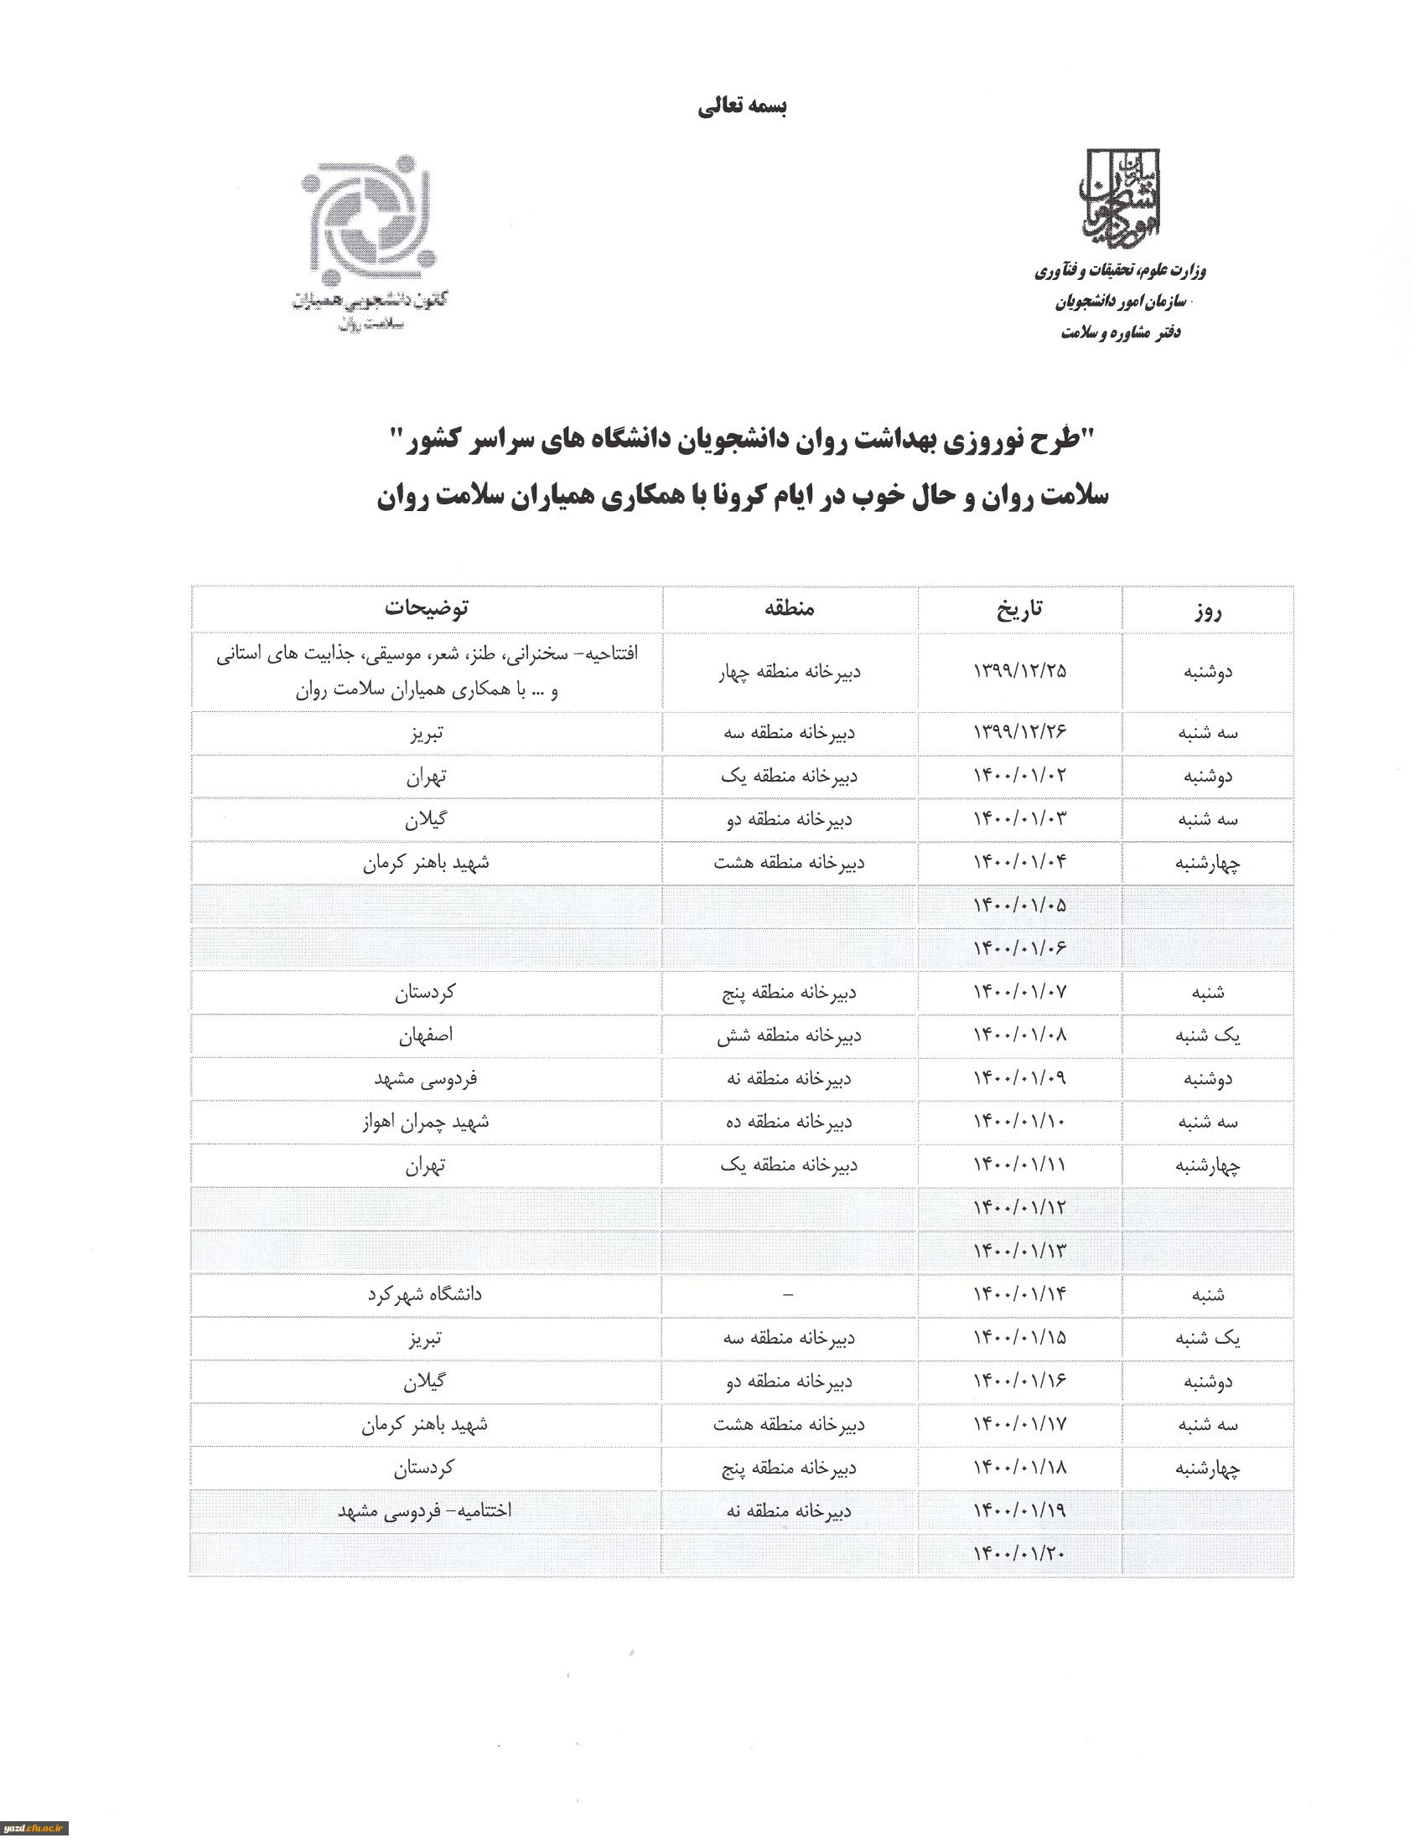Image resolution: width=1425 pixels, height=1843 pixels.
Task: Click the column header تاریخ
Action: tap(1020, 608)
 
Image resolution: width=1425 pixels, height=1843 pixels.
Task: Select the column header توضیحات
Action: tap(427, 607)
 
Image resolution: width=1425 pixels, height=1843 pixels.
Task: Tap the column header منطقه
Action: tap(790, 608)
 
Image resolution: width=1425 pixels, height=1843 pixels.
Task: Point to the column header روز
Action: tap(1208, 610)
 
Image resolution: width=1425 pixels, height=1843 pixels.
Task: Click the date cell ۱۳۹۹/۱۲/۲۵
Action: tap(1020, 671)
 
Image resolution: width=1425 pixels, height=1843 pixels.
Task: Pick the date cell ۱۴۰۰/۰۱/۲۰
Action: tap(1020, 1553)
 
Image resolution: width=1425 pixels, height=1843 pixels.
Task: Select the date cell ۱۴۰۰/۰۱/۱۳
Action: tap(1020, 1252)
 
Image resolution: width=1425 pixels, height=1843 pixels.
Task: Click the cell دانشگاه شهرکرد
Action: tap(425, 1294)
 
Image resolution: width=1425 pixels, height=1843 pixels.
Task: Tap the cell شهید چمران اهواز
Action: tap(426, 1122)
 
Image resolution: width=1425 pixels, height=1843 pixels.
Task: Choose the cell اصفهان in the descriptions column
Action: tap(427, 1035)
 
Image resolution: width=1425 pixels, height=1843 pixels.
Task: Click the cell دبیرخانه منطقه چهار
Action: tap(790, 673)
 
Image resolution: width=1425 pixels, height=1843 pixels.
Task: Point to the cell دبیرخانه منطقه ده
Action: tap(790, 1123)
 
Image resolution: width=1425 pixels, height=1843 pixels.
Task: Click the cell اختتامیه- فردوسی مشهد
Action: tap(425, 1510)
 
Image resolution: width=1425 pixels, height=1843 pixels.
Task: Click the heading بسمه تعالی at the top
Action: tap(742, 107)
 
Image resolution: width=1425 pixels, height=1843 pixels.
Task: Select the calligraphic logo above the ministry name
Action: tap(1121, 199)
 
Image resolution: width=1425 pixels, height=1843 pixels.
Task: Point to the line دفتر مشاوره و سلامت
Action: tap(1120, 333)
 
